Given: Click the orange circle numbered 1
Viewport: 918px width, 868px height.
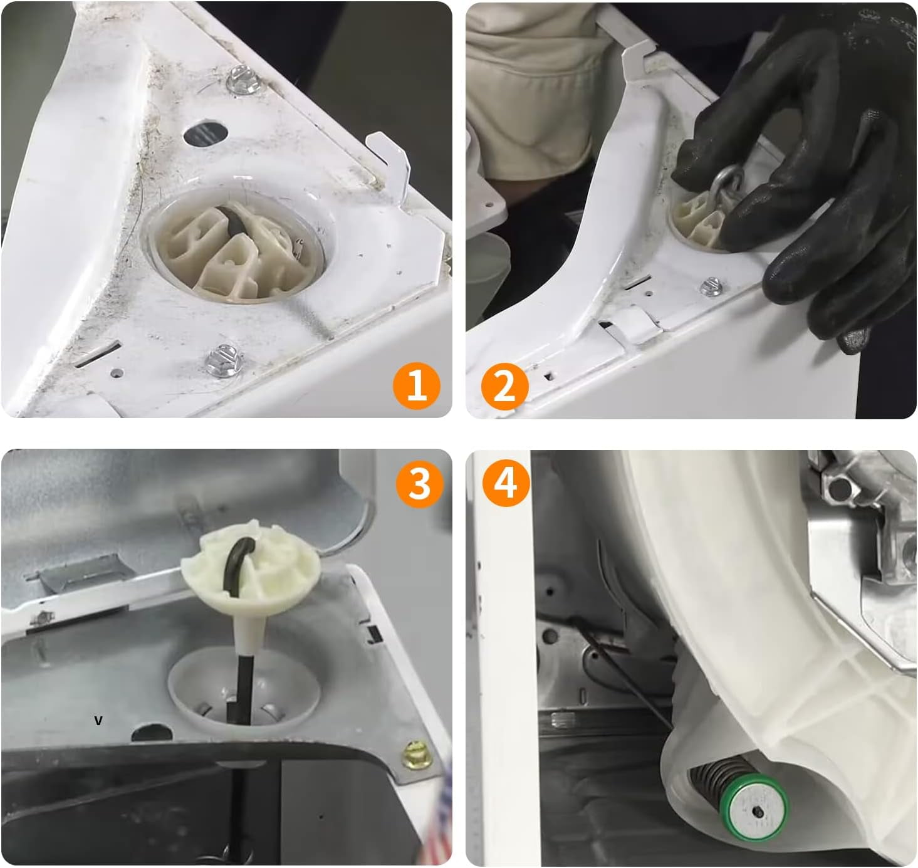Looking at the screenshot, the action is coord(417,386).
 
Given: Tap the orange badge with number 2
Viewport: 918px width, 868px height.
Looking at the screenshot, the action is coord(505,386).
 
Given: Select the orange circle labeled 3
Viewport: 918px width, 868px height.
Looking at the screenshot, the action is coord(419,484).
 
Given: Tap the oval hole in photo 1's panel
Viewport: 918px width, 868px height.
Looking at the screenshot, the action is coord(206,133).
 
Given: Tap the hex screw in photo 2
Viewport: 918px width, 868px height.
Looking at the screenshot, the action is coord(712,286).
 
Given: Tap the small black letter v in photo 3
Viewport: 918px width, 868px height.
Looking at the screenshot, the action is coord(98,721).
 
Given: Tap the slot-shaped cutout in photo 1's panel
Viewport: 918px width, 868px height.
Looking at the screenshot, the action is coord(98,353).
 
